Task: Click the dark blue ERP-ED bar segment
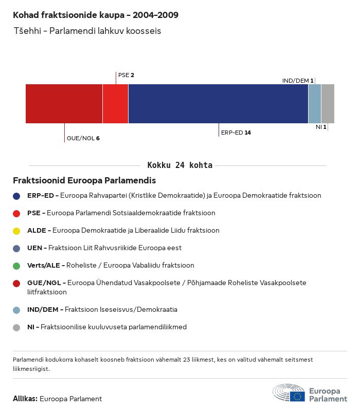pyautogui.click(x=218, y=104)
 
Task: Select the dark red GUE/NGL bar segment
pyautogui.click(x=64, y=104)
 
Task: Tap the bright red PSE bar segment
pyautogui.click(x=115, y=104)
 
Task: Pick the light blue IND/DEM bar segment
pyautogui.click(x=315, y=104)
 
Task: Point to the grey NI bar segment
pyautogui.click(x=328, y=104)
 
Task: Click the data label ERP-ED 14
pyautogui.click(x=236, y=133)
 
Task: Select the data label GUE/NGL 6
pyautogui.click(x=83, y=138)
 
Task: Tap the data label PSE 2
pyautogui.click(x=126, y=75)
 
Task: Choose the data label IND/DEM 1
pyautogui.click(x=298, y=81)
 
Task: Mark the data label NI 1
pyautogui.click(x=321, y=127)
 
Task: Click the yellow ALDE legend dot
pyautogui.click(x=17, y=231)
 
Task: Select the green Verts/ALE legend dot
pyautogui.click(x=17, y=266)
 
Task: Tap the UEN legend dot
pyautogui.click(x=17, y=248)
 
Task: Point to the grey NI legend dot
pyautogui.click(x=17, y=327)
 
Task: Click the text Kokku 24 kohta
pyautogui.click(x=179, y=165)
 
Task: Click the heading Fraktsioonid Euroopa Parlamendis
pyautogui.click(x=84, y=181)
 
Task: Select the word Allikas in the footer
pyautogui.click(x=25, y=399)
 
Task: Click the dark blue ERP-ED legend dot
pyautogui.click(x=17, y=196)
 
